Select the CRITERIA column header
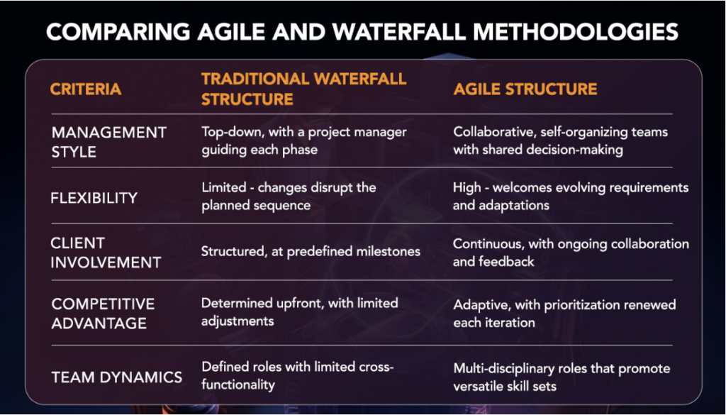tap(86, 89)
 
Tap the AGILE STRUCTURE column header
tap(525, 89)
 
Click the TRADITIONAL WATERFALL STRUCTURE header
tap(303, 89)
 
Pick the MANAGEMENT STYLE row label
tap(108, 142)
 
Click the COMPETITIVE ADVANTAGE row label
tap(103, 313)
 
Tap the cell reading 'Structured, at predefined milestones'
tap(311, 251)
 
